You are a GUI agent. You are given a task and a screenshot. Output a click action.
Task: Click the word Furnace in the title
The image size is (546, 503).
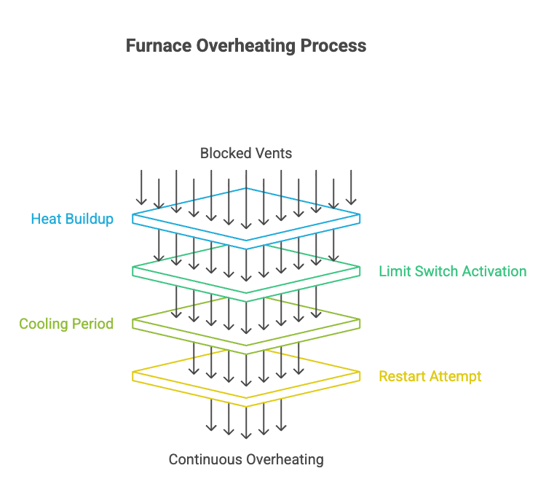tap(158, 46)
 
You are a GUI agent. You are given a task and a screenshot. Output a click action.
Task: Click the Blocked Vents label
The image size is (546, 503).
tap(246, 153)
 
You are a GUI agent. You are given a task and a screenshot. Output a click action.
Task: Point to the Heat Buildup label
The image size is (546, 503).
tap(72, 219)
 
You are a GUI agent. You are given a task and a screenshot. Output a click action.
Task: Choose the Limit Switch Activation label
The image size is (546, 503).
tap(452, 271)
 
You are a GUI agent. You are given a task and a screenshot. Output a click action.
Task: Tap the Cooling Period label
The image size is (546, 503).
tap(66, 324)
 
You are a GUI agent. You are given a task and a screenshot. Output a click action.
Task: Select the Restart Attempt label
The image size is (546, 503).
tap(430, 376)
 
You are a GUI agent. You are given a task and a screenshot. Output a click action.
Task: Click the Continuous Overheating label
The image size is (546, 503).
tap(246, 459)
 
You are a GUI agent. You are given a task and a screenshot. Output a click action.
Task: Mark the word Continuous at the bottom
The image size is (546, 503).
tap(205, 459)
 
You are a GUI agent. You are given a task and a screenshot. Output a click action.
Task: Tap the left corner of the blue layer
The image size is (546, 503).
tap(134, 218)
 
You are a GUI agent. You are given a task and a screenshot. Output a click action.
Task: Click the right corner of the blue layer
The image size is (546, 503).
tap(359, 218)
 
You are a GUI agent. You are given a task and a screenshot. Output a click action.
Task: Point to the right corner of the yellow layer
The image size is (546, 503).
tap(359, 376)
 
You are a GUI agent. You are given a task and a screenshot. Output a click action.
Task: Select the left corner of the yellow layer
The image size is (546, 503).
tap(134, 376)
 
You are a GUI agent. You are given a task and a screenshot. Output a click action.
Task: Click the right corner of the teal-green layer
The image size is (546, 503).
tap(359, 270)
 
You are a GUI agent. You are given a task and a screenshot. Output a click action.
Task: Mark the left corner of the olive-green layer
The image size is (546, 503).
tap(134, 323)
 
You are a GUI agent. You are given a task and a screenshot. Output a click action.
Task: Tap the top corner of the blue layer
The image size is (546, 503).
tap(246, 188)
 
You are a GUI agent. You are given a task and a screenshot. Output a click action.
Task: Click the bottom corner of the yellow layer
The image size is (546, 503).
tap(246, 405)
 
